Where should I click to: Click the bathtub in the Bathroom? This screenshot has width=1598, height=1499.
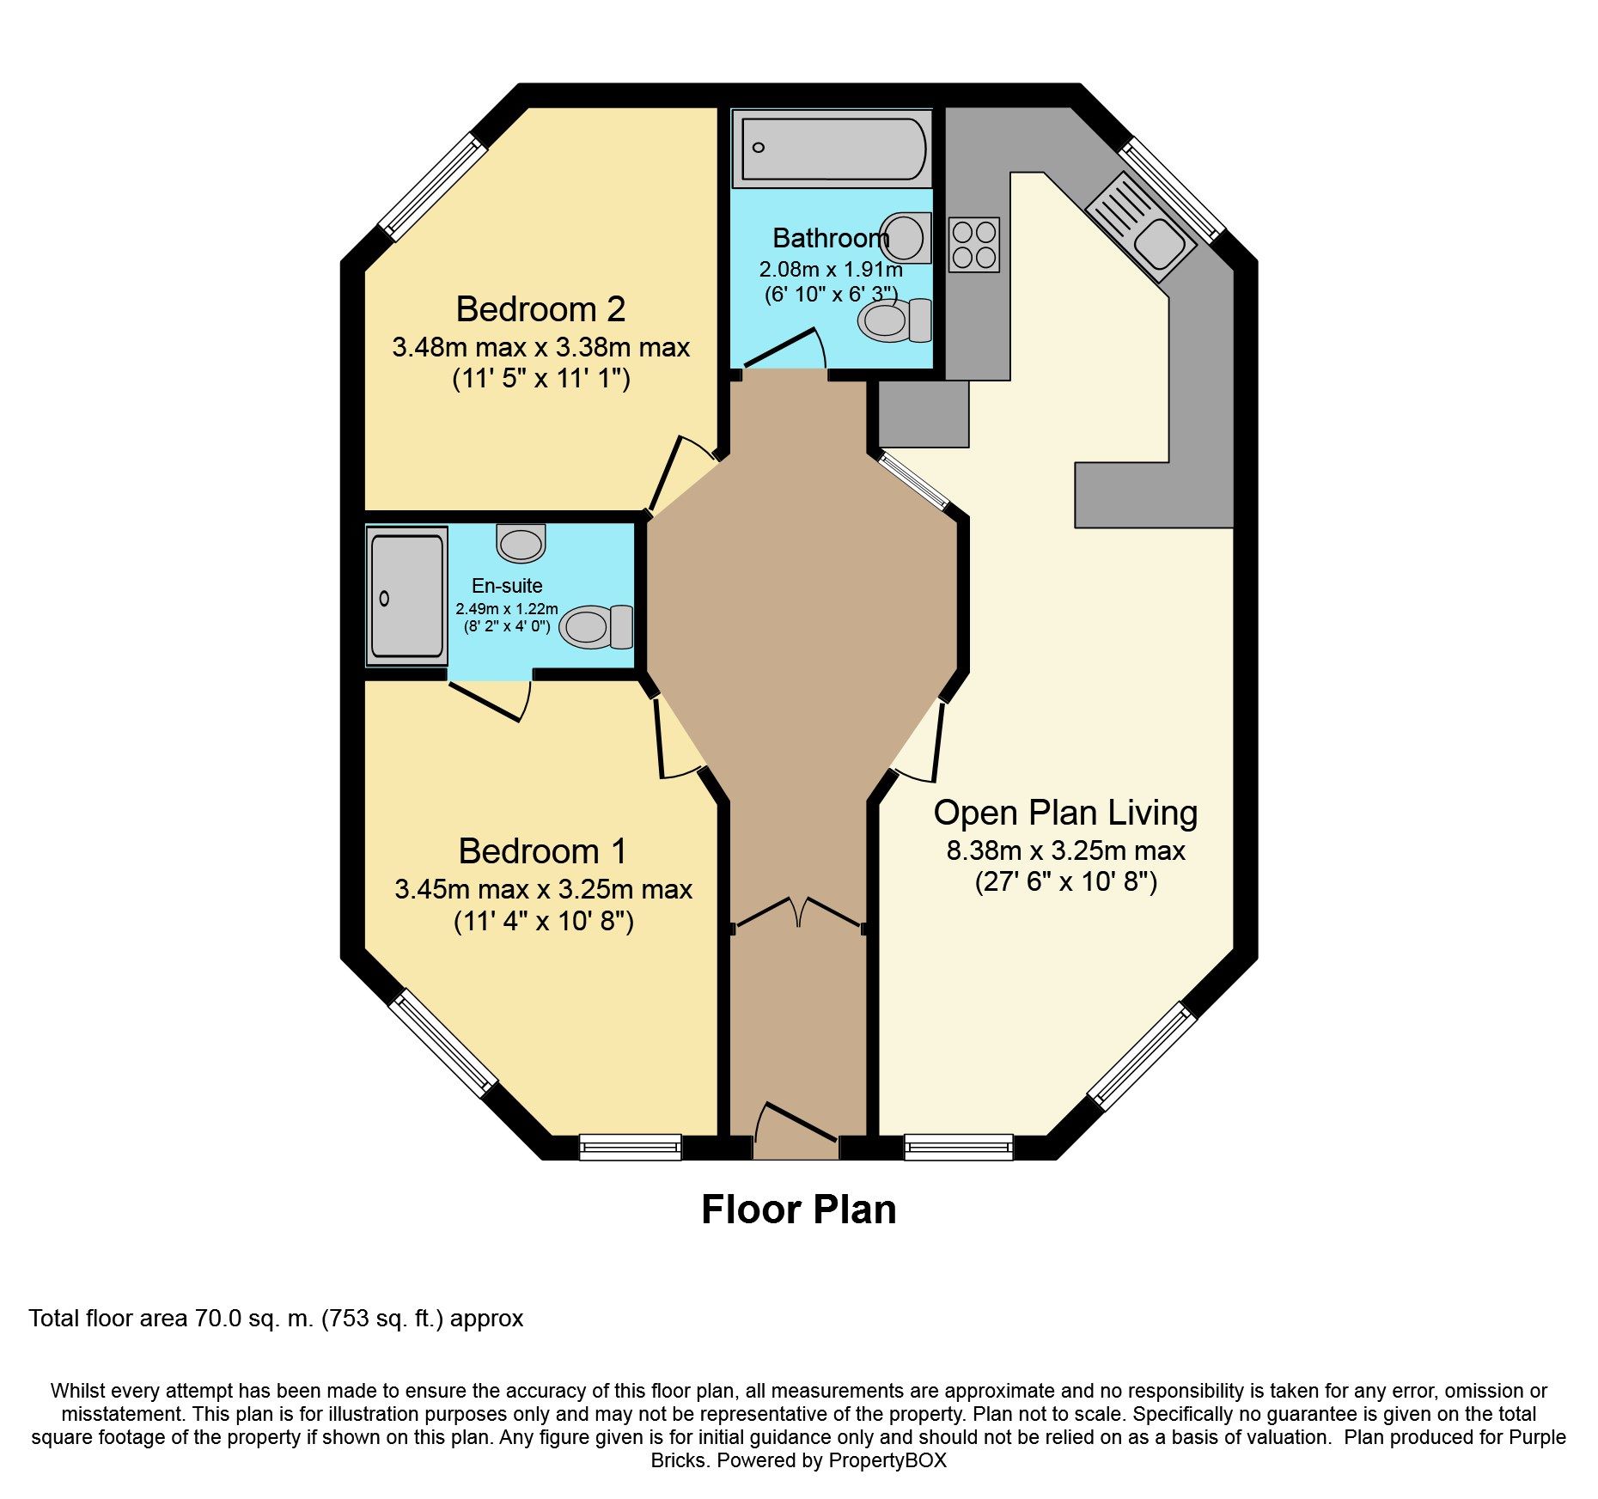[x=832, y=149]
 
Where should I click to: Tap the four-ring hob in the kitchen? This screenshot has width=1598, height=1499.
[x=973, y=245]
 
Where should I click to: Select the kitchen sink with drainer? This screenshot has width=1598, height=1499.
[x=1141, y=227]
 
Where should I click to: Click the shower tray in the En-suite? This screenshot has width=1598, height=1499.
[x=406, y=596]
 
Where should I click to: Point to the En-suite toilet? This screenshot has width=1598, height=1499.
[x=596, y=627]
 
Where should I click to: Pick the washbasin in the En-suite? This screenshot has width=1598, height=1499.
[x=521, y=543]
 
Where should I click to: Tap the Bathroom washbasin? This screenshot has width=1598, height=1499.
[x=906, y=237]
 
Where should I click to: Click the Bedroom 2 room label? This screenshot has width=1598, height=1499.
[x=540, y=309]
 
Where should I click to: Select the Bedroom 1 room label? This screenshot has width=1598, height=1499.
[x=543, y=851]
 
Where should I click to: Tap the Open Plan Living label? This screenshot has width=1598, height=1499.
[x=1065, y=813]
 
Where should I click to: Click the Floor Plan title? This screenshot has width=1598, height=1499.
[x=799, y=1210]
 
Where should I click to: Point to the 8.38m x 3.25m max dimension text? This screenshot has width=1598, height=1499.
[x=1065, y=850]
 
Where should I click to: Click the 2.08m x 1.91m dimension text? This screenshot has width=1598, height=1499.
[x=831, y=270]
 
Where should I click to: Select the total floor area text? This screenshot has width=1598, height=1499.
[x=276, y=1319]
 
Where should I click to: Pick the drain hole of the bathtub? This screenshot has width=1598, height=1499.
[x=758, y=148]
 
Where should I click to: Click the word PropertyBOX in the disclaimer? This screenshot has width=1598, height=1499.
[x=887, y=1460]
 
